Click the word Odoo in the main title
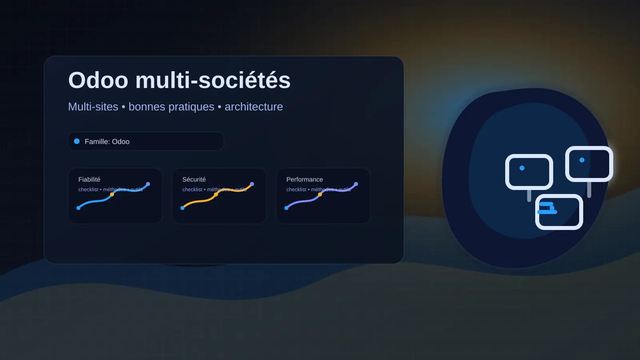pyautogui.click(x=98, y=80)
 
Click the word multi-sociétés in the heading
pyautogui.click(x=213, y=80)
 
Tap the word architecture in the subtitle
pyautogui.click(x=254, y=107)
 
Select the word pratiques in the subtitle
pyautogui.click(x=191, y=107)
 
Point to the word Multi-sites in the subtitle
pyautogui.click(x=93, y=107)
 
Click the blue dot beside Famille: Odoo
pyautogui.click(x=77, y=141)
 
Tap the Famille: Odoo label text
pyautogui.click(x=107, y=142)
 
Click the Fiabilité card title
pyautogui.click(x=89, y=180)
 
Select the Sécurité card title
pyautogui.click(x=194, y=180)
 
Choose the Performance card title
pyautogui.click(x=304, y=180)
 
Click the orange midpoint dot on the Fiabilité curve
pyautogui.click(x=112, y=194)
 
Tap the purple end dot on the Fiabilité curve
pyautogui.click(x=148, y=184)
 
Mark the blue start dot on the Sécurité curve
pyautogui.click(x=182, y=208)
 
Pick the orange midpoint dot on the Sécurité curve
pyautogui.click(x=216, y=194)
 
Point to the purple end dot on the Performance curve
pyautogui.click(x=356, y=184)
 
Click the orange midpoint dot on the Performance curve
pyautogui.click(x=320, y=194)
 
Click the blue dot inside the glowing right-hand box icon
pyautogui.click(x=582, y=160)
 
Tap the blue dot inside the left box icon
pyautogui.click(x=522, y=168)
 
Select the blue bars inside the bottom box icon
pyautogui.click(x=547, y=208)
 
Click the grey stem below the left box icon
pyautogui.click(x=529, y=196)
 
